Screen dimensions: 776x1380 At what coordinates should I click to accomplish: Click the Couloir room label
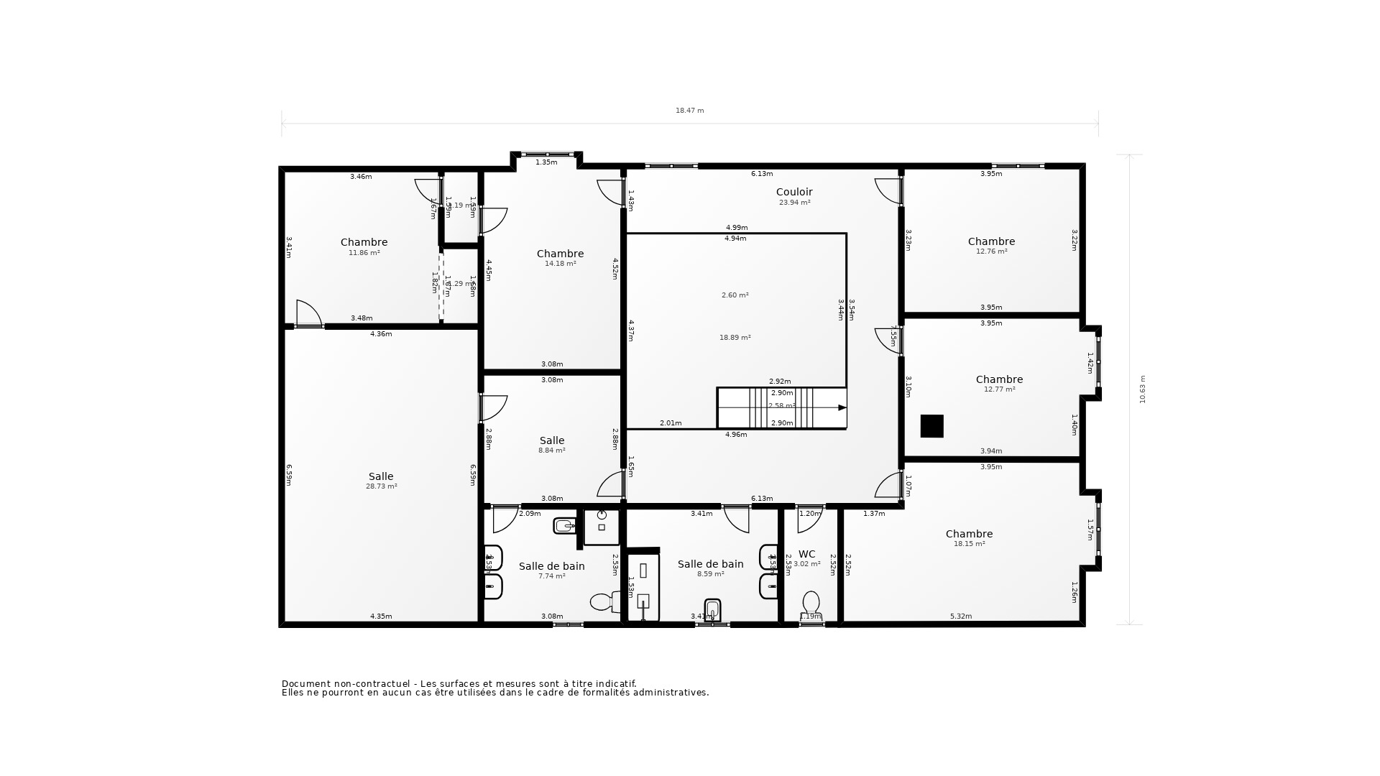(x=794, y=192)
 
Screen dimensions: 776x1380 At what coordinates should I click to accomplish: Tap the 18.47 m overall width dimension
(x=689, y=111)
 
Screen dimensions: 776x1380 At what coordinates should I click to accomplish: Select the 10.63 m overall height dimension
(x=1143, y=389)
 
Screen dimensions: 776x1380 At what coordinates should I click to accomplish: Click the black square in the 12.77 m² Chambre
(x=932, y=426)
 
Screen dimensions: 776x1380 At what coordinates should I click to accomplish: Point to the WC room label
(x=806, y=554)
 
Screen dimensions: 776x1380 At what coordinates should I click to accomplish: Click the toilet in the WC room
(x=811, y=604)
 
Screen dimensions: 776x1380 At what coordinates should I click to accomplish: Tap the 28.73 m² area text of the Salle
(x=381, y=486)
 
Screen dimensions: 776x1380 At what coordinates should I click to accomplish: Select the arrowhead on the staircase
(x=842, y=407)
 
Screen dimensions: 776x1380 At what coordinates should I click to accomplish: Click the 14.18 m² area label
(x=560, y=264)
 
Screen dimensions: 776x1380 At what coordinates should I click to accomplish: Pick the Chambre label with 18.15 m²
(x=969, y=534)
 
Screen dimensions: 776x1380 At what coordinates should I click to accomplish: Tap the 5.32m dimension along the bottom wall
(x=960, y=616)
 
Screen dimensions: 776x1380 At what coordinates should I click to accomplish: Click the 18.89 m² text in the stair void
(x=735, y=338)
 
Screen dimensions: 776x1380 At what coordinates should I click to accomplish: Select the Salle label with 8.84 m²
(x=552, y=440)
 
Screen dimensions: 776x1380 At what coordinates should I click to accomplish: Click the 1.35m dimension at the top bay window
(x=546, y=162)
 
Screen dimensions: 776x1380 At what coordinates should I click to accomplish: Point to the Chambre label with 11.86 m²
(x=364, y=242)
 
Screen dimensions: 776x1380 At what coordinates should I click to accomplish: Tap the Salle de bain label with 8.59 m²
(x=710, y=564)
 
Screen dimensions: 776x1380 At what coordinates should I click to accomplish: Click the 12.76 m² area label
(x=991, y=251)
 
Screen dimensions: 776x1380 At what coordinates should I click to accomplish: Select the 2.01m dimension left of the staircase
(x=671, y=423)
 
